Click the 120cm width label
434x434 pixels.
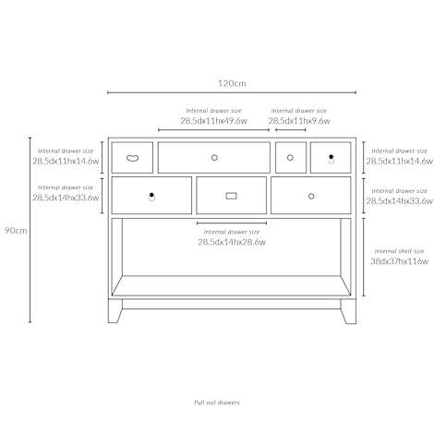[x=232, y=83]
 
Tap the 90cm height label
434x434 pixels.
[x=16, y=231]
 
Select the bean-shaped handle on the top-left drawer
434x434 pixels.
[x=132, y=158]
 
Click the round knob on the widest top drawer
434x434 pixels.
[x=214, y=158]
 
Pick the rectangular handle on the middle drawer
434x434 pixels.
[x=231, y=196]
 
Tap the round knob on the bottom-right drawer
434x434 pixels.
[x=311, y=196]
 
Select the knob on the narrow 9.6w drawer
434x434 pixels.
[x=290, y=158]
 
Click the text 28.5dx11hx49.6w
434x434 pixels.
[x=213, y=121]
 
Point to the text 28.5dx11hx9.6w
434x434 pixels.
[x=299, y=121]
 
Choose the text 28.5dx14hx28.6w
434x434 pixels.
[x=232, y=242]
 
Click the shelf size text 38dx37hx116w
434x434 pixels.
[x=399, y=261]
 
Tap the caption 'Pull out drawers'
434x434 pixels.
[x=217, y=403]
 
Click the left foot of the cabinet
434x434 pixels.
[x=115, y=311]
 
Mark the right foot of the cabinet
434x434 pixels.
[x=348, y=311]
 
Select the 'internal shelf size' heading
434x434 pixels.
[x=399, y=251]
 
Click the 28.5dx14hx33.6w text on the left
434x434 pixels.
[x=66, y=198]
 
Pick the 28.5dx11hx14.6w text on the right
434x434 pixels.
[x=399, y=161]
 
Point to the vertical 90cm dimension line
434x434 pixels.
[x=30, y=230]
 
